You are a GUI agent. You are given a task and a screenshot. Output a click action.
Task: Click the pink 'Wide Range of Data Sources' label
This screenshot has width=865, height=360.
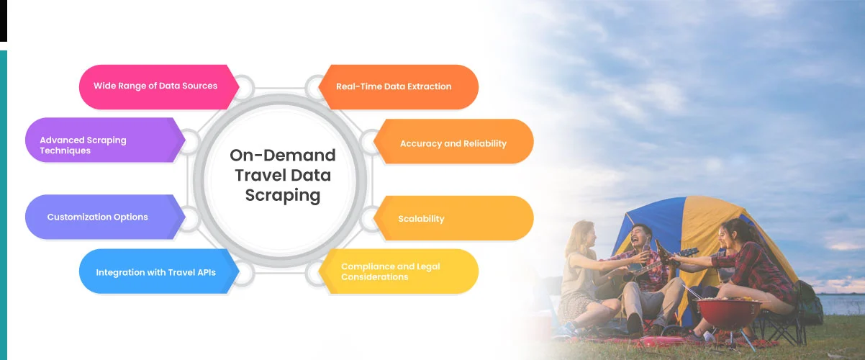[155, 86]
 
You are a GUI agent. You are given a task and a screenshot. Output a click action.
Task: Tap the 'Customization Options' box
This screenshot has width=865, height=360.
[97, 217]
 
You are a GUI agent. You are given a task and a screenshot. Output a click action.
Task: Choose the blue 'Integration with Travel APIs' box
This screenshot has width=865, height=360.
[155, 272]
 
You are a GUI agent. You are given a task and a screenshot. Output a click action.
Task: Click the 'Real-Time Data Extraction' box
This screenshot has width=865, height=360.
[394, 86]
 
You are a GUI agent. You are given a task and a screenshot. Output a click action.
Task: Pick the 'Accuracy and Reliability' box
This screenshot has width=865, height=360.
[453, 143]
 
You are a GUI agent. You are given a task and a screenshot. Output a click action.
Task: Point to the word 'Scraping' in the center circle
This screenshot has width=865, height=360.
[282, 195]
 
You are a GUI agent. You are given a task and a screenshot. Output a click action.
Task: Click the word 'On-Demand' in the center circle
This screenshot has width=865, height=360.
[282, 155]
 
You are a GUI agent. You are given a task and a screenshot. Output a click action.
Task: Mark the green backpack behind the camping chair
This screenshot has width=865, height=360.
[810, 302]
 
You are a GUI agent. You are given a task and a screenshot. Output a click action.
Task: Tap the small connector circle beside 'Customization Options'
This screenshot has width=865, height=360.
[189, 217]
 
